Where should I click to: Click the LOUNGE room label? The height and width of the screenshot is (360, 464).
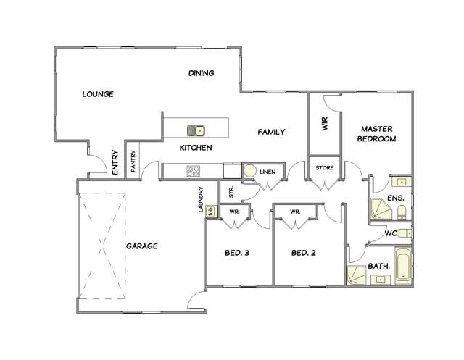tap(98, 94)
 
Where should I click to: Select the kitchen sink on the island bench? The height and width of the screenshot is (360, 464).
tap(196, 130)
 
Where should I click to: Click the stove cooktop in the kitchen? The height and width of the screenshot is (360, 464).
tap(194, 172)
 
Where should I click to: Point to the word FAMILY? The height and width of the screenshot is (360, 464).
tap(272, 132)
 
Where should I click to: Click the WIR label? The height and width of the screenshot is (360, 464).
tap(325, 125)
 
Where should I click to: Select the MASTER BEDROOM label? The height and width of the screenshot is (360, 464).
tap(378, 134)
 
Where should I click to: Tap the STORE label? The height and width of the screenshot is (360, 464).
tap(324, 168)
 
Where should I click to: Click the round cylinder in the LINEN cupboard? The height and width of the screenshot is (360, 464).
tap(249, 172)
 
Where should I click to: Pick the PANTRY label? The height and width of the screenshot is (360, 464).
tap(133, 160)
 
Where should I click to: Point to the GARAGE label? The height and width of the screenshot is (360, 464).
tap(142, 246)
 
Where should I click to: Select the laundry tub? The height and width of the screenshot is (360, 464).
tap(211, 211)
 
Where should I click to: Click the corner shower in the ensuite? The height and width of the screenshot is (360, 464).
tap(380, 209)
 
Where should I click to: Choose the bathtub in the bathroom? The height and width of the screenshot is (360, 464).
tap(402, 267)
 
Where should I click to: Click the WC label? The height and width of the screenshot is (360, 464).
tap(390, 233)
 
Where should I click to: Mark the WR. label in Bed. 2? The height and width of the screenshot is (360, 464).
tap(295, 212)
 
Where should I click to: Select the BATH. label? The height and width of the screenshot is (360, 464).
tap(380, 266)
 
